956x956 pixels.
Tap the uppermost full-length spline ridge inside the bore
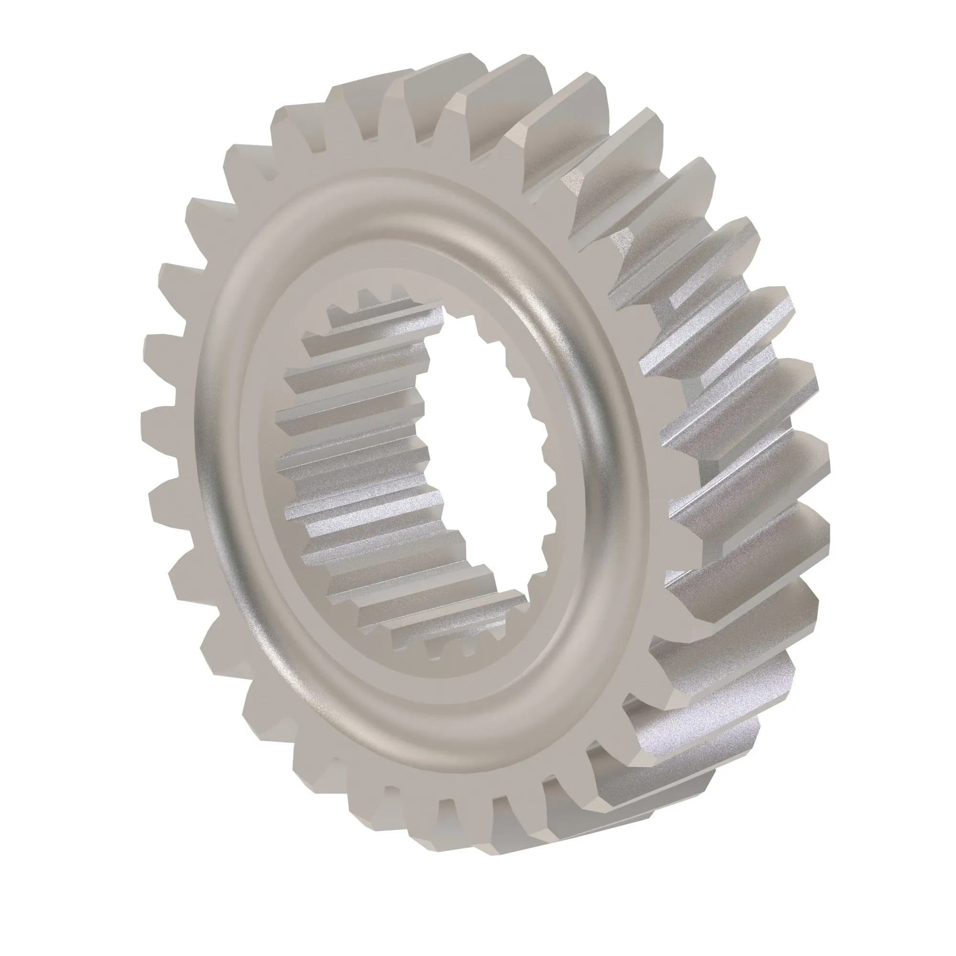[386, 317]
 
